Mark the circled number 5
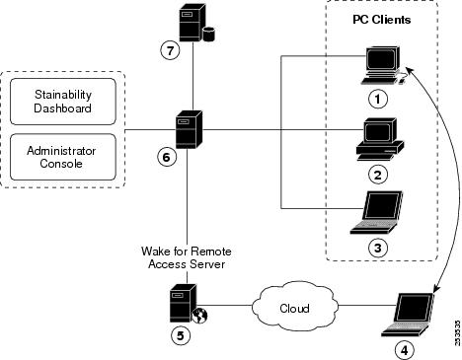180,333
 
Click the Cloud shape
293,307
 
